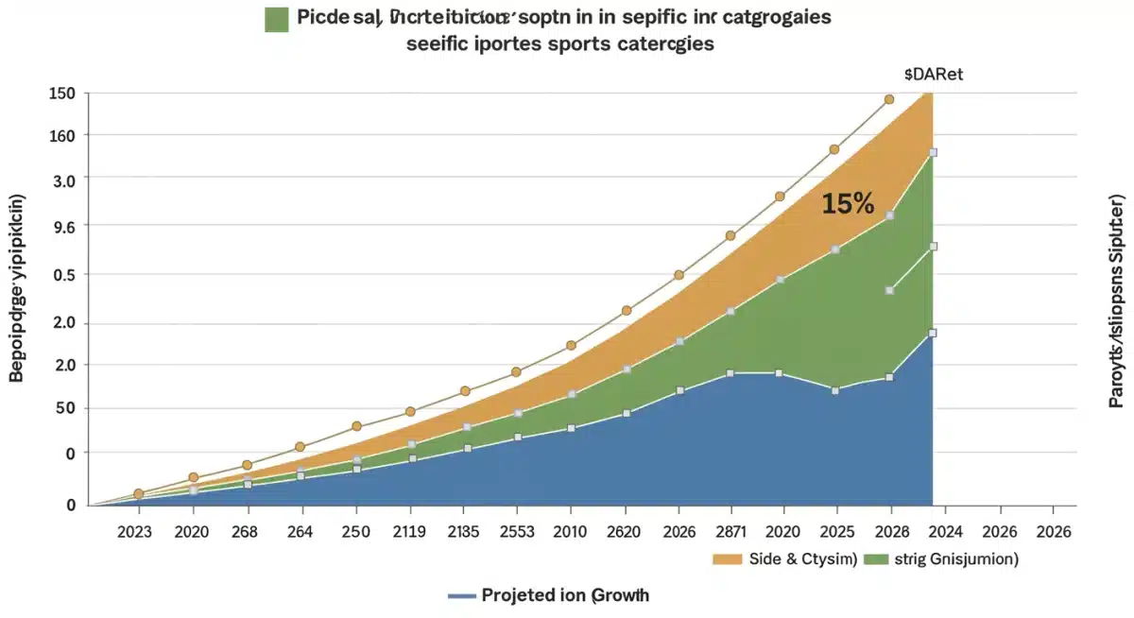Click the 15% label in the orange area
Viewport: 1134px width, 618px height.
pyautogui.click(x=848, y=203)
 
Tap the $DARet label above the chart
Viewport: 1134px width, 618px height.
pyautogui.click(x=934, y=75)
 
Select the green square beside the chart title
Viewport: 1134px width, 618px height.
pyautogui.click(x=277, y=19)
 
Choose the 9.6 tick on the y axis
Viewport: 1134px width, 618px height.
pyautogui.click(x=62, y=225)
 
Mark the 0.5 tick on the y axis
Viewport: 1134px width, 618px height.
pyautogui.click(x=62, y=274)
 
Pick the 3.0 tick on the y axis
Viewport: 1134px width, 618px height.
pyautogui.click(x=62, y=179)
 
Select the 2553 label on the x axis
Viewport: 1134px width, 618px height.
pyautogui.click(x=515, y=532)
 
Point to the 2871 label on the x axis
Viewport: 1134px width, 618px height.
pyautogui.click(x=730, y=532)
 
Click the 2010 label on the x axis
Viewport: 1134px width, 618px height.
pyautogui.click(x=570, y=532)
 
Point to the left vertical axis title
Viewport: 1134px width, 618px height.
pyautogui.click(x=17, y=288)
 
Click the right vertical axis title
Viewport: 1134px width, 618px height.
pyautogui.click(x=1117, y=302)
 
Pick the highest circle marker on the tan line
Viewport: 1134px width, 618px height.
pyautogui.click(x=888, y=99)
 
